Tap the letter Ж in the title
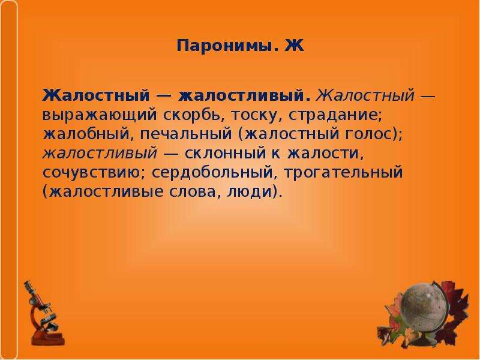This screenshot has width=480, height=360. [294, 46]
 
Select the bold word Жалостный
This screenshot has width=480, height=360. [96, 96]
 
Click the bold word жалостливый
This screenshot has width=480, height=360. [244, 96]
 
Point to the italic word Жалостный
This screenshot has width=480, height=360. [365, 95]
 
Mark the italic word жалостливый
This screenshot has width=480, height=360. [100, 154]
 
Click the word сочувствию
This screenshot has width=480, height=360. [94, 173]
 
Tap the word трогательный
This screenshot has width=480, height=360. [343, 173]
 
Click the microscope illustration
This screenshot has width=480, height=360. [44, 313]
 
